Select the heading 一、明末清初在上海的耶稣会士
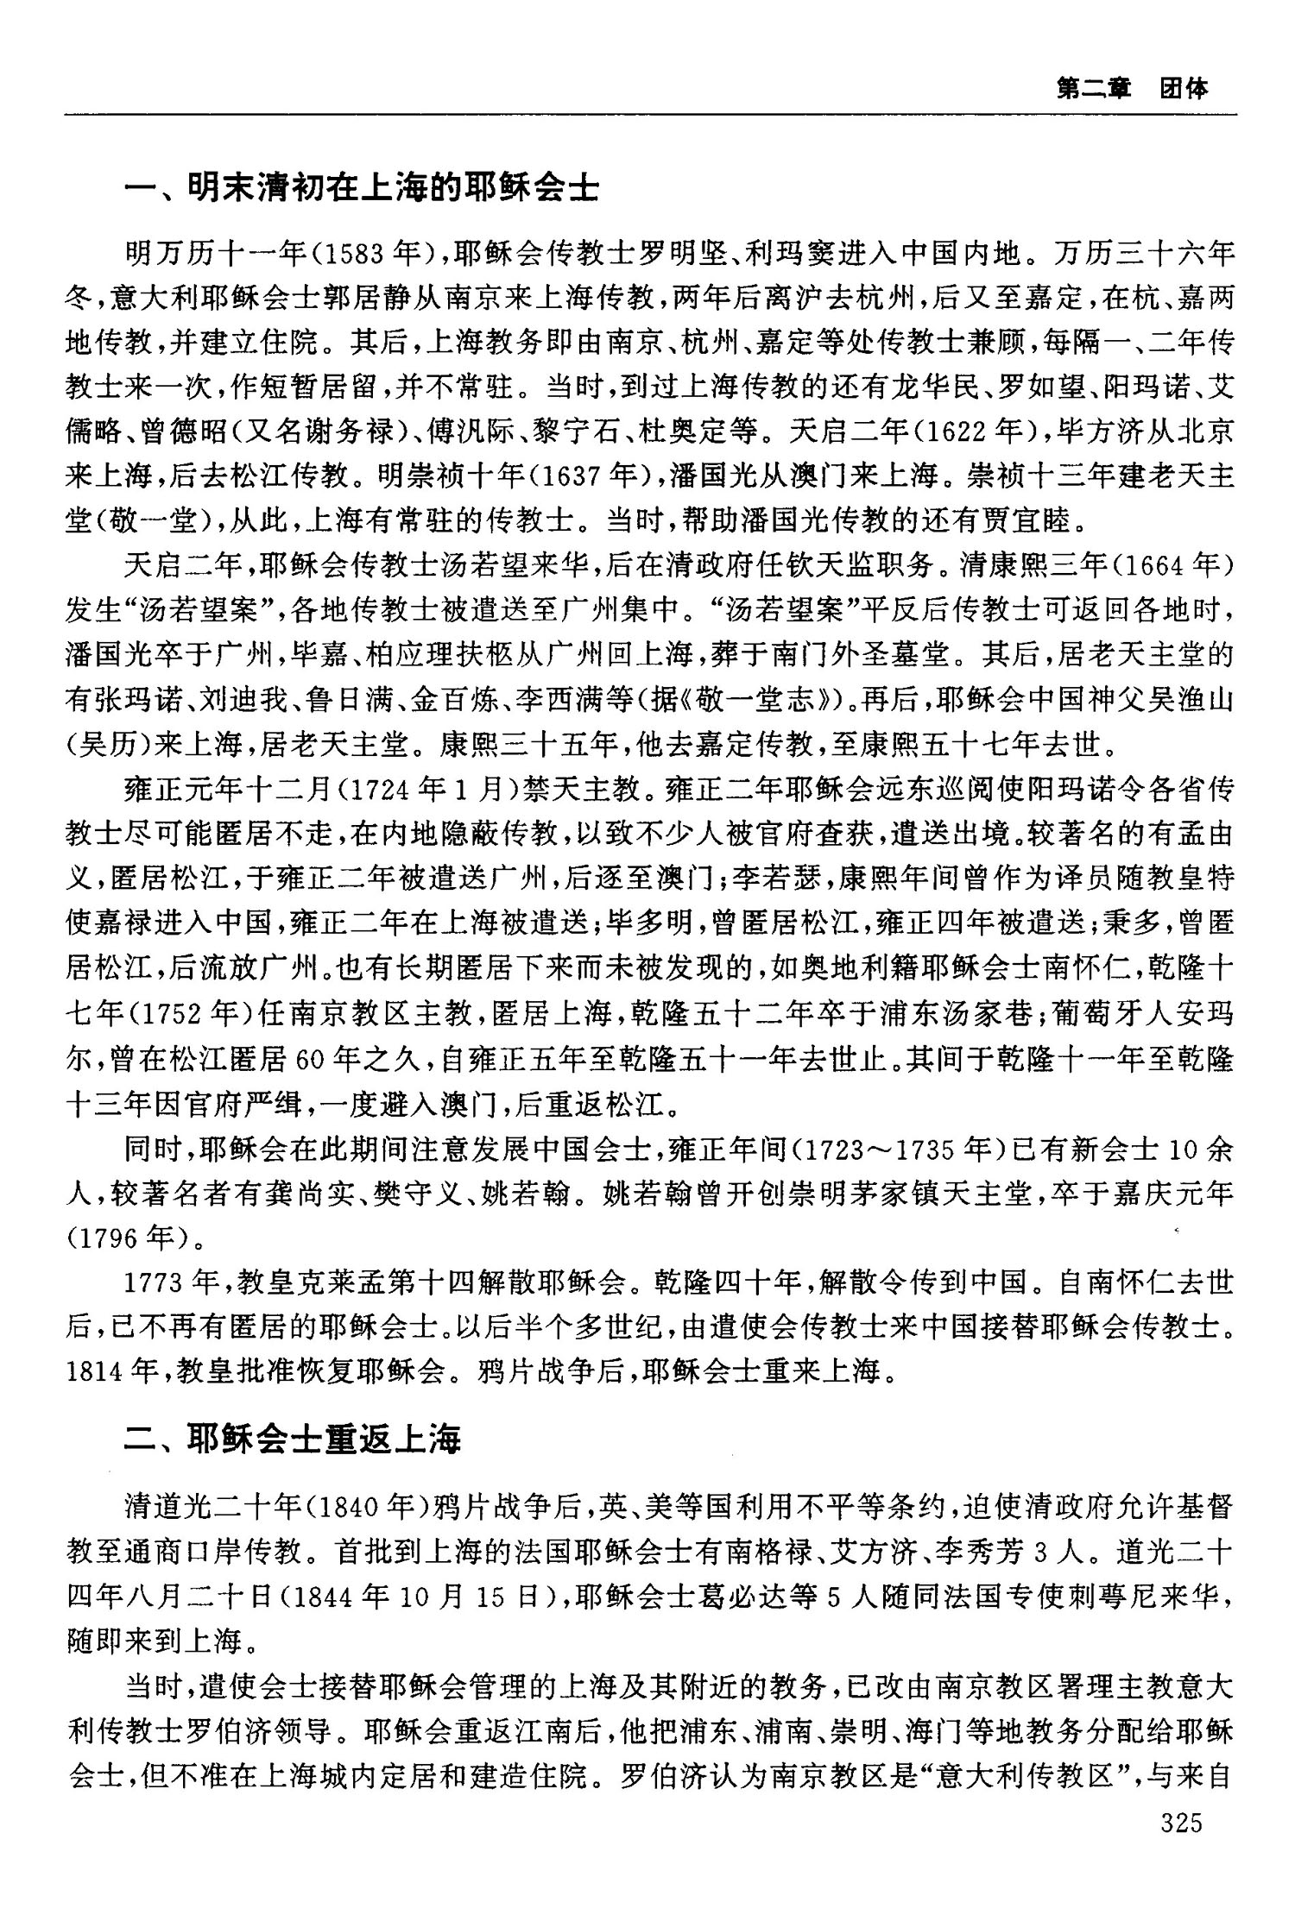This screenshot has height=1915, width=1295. coord(362,186)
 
